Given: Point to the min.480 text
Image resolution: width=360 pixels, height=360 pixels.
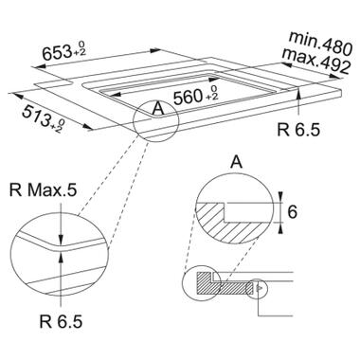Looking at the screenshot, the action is (x=320, y=44).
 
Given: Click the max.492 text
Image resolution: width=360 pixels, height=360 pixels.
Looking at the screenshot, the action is (x=316, y=61).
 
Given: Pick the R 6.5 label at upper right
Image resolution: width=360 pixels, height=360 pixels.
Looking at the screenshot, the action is (x=298, y=130).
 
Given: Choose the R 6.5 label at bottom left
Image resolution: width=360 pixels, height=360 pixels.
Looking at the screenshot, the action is (x=61, y=322).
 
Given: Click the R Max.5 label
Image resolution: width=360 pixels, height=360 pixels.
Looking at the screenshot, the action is (x=43, y=191).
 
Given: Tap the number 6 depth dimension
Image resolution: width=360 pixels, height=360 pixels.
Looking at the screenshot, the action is (x=293, y=212).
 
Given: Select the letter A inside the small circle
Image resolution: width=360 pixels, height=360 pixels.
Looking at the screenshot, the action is (x=157, y=110).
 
